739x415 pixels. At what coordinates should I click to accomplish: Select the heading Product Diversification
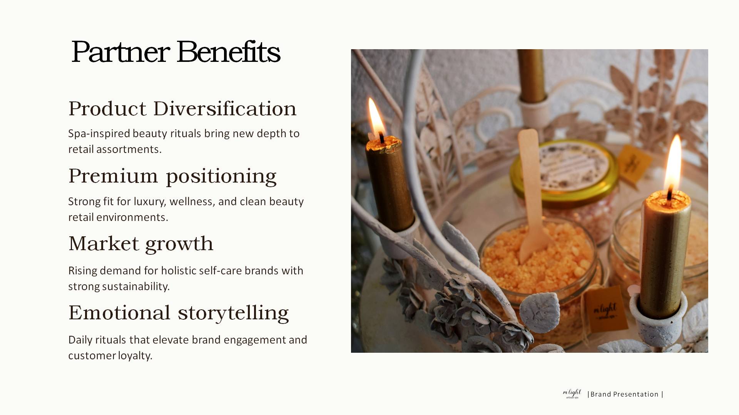[182, 108]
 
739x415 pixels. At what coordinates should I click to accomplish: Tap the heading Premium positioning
[172, 177]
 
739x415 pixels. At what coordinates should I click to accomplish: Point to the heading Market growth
[141, 244]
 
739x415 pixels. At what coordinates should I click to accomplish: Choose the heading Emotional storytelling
[179, 313]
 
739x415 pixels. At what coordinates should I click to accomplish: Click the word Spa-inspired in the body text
[99, 134]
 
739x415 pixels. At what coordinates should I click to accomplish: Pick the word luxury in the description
[150, 202]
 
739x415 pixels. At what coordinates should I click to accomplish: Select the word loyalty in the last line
[135, 356]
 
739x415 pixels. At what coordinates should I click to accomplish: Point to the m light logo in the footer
[572, 393]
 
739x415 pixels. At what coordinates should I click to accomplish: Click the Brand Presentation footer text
[625, 394]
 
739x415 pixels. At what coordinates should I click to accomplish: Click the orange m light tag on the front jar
[606, 309]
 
